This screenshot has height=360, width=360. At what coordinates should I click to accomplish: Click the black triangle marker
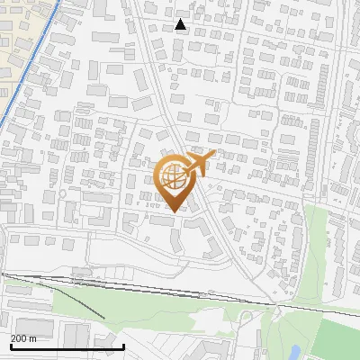(181, 24)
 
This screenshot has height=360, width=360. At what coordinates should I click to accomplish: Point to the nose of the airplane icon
(212, 155)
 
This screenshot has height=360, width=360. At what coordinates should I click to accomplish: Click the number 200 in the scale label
(19, 338)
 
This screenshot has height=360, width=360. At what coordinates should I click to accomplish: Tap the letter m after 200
(33, 338)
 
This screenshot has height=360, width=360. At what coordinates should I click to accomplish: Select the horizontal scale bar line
(67, 346)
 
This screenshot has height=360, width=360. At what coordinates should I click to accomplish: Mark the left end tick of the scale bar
(11, 346)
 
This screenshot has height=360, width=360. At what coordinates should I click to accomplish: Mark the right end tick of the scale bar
(122, 346)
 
